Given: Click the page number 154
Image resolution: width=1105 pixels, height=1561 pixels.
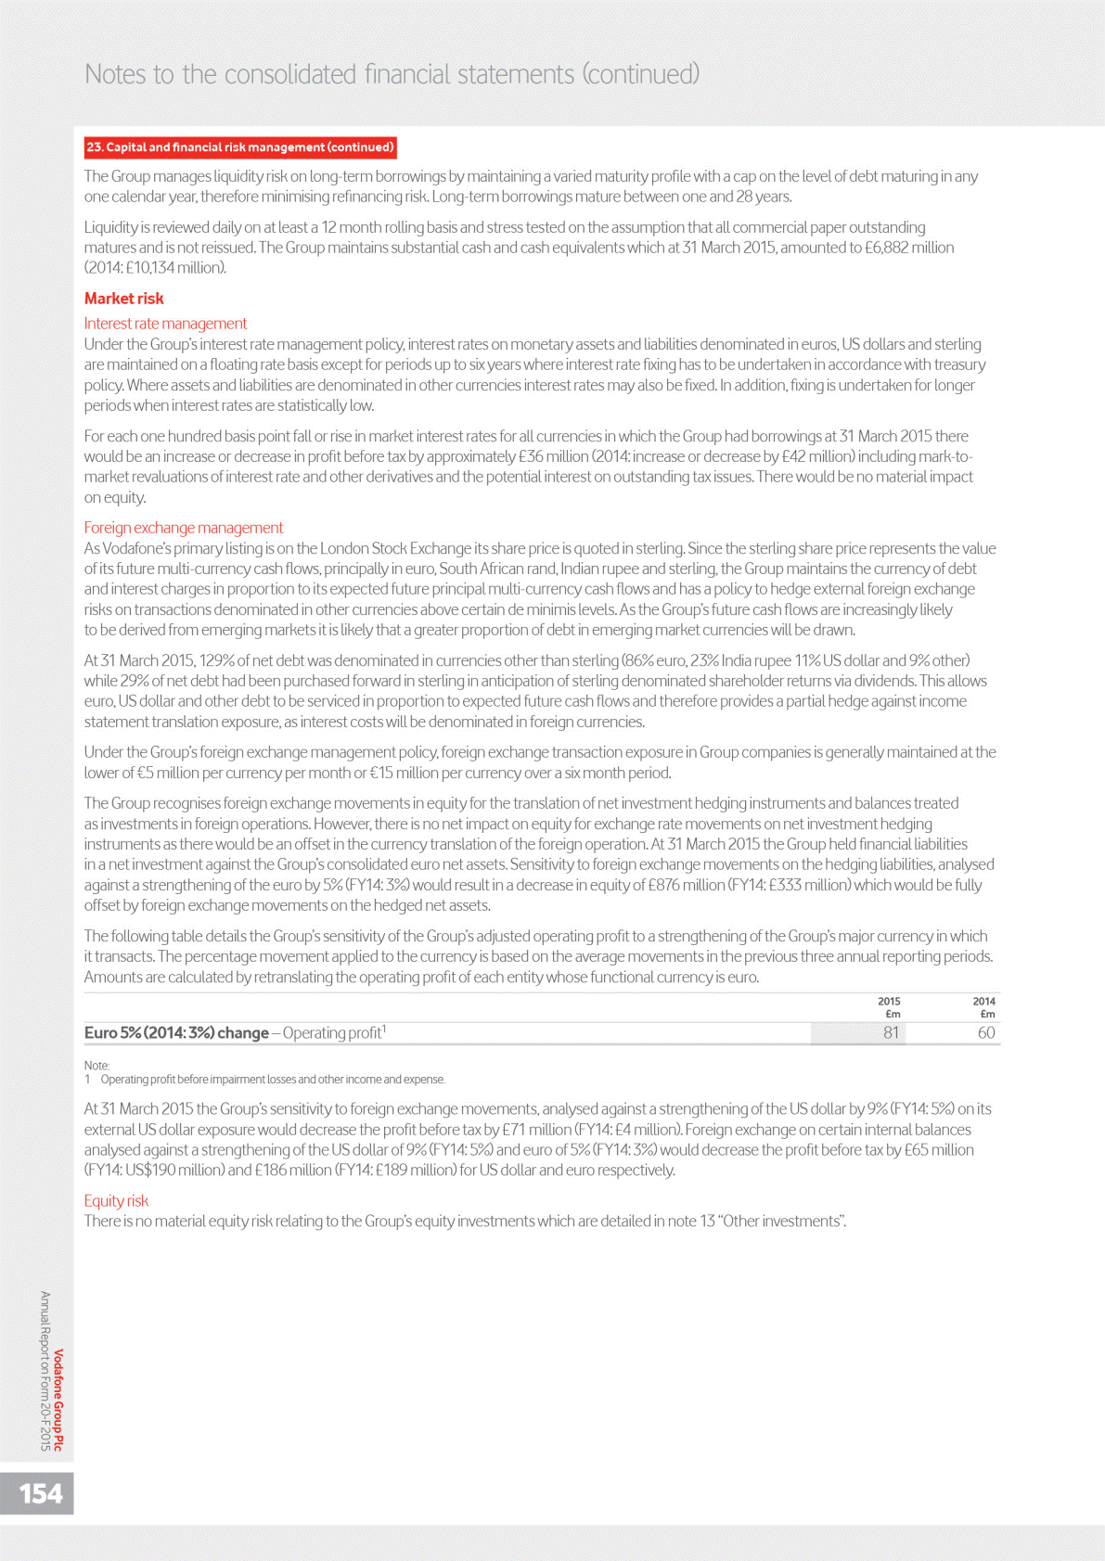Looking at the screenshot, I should pyautogui.click(x=41, y=1493).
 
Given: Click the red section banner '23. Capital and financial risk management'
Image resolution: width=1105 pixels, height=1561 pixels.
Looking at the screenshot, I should pyautogui.click(x=240, y=147).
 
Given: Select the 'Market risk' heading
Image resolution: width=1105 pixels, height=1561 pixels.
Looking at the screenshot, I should pyautogui.click(x=123, y=299).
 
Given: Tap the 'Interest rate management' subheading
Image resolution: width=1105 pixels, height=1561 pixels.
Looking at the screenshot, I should pyautogui.click(x=165, y=324).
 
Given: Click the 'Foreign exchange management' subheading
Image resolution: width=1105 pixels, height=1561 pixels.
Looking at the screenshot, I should pyautogui.click(x=184, y=528).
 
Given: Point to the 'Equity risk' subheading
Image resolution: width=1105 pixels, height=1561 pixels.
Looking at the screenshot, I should pyautogui.click(x=116, y=1200).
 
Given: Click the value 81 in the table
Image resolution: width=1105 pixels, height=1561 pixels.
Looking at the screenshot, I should pyautogui.click(x=891, y=1033).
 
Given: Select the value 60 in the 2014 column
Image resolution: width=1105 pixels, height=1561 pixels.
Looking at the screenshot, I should pyautogui.click(x=985, y=1033).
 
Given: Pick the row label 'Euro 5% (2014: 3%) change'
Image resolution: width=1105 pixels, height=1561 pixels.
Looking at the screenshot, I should pyautogui.click(x=176, y=1033).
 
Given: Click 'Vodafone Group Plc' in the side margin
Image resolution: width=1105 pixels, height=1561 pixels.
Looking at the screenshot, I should pyautogui.click(x=58, y=1400).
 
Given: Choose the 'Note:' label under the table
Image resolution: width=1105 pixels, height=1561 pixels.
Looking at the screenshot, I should pyautogui.click(x=96, y=1066).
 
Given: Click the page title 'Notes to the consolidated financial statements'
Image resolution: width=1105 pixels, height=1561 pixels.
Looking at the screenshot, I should pyautogui.click(x=392, y=74).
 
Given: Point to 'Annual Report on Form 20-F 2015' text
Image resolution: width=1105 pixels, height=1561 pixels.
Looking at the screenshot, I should pyautogui.click(x=45, y=1370).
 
